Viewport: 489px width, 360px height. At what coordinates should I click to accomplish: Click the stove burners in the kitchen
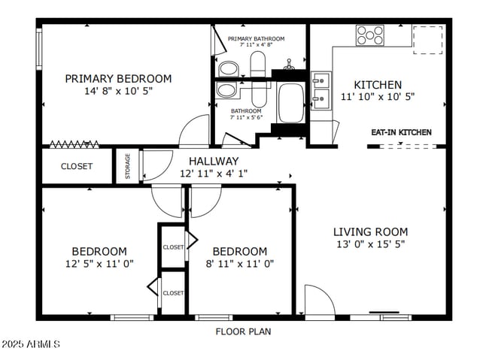click(x=370, y=35)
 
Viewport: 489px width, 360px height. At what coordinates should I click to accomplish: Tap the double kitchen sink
click(x=321, y=90)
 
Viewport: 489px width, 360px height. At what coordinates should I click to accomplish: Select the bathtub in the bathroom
click(x=290, y=102)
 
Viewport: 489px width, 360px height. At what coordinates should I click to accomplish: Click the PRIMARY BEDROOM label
click(x=118, y=79)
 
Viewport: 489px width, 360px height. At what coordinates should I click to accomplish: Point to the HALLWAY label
click(x=214, y=161)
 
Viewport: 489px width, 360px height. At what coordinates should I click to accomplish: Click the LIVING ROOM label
click(x=370, y=232)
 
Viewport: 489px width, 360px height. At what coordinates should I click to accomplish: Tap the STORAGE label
click(x=128, y=166)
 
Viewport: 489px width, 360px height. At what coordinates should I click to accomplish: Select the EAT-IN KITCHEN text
click(x=402, y=132)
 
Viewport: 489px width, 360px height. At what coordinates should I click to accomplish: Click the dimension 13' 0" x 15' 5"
click(x=370, y=244)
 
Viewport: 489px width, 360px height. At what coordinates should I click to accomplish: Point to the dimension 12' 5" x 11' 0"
click(x=99, y=264)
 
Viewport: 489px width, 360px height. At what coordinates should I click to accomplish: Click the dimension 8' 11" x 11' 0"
click(x=240, y=264)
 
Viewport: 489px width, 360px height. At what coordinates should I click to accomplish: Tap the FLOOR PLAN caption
click(x=243, y=331)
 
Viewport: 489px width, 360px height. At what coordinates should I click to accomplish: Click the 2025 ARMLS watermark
click(x=31, y=344)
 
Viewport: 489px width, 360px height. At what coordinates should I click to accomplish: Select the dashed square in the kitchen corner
click(x=428, y=40)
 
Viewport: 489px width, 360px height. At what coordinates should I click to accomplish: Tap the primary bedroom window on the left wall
click(x=39, y=49)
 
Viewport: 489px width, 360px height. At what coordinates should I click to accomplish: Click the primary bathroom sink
click(x=229, y=69)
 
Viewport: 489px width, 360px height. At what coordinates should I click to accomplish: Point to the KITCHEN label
click(x=378, y=85)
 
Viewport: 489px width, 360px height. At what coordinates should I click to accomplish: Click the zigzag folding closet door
click(x=74, y=144)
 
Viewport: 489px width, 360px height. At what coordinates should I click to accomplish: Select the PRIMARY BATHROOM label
click(x=256, y=38)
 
